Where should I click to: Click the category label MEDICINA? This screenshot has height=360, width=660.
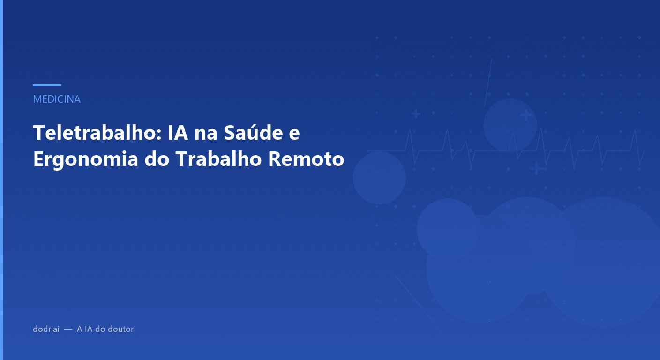point(57,99)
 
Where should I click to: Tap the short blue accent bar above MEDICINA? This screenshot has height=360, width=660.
point(47,85)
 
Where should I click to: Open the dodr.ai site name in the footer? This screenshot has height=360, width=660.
point(46,329)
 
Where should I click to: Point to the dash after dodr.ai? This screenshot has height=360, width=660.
point(68,330)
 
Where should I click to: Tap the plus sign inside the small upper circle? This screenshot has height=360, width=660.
point(526,114)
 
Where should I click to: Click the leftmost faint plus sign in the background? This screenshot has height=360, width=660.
point(415,113)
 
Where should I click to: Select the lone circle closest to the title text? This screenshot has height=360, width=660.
point(379,178)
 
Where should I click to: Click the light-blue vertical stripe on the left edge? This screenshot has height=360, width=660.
point(1,180)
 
